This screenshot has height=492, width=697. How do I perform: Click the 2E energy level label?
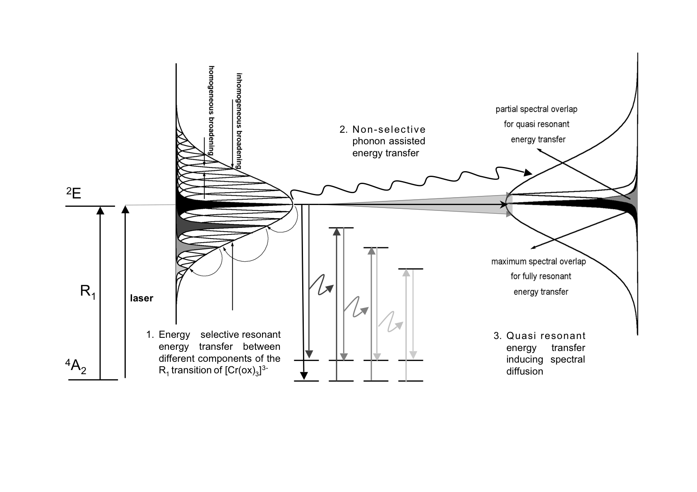(74, 193)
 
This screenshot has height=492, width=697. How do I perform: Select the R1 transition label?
(87, 291)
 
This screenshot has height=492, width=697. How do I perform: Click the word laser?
(142, 298)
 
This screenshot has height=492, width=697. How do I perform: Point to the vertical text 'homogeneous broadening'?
(211, 110)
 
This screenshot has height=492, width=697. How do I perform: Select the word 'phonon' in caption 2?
(368, 141)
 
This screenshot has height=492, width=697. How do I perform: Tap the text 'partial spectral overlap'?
(536, 109)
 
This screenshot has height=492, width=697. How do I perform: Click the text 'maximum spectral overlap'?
(538, 261)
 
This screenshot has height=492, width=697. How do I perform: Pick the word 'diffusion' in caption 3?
(524, 371)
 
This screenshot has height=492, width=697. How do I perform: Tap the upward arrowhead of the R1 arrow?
(99, 210)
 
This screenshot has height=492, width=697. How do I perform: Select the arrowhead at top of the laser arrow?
(125, 210)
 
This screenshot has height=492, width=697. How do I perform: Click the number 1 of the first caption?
(149, 334)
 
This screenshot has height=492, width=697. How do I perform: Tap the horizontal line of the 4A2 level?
(93, 380)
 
